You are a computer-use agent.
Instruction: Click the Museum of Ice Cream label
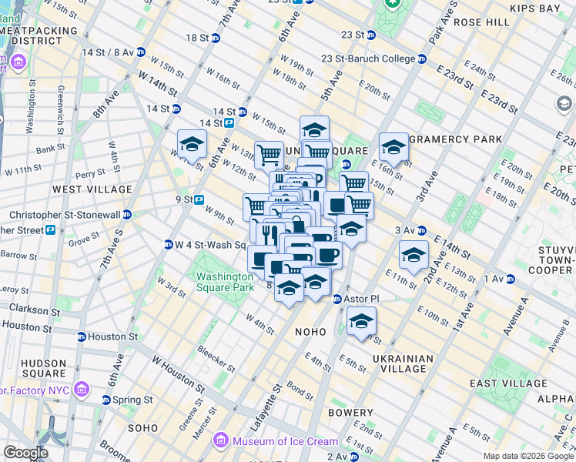click(x=286, y=441)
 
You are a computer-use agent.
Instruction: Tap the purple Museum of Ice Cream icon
click(x=221, y=441)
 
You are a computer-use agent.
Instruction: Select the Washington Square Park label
click(x=224, y=282)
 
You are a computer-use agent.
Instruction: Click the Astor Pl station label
click(x=358, y=299)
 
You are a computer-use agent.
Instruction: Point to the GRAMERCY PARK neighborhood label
click(x=455, y=139)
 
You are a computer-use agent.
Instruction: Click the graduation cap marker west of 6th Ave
click(x=192, y=143)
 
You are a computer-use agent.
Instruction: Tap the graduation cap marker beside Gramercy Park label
click(x=393, y=146)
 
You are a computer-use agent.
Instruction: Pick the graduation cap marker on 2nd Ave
click(x=414, y=255)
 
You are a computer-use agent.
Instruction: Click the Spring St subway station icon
click(x=107, y=400)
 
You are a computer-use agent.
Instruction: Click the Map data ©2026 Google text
click(x=528, y=456)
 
